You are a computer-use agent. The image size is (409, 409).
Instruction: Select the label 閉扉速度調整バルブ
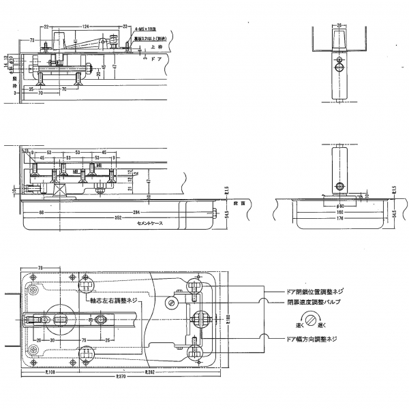314,301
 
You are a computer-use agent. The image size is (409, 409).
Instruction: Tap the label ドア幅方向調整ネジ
313,338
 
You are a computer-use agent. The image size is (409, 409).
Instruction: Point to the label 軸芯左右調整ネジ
114,300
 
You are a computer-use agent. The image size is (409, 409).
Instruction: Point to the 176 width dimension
338,218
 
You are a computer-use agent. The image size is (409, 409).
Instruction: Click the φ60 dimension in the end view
339,205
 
